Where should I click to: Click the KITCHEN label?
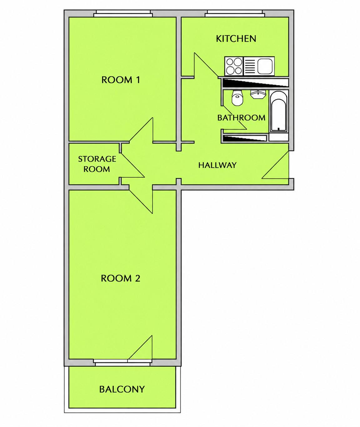tap(236, 39)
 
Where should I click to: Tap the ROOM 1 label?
tap(121, 80)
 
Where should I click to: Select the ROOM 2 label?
tap(121, 278)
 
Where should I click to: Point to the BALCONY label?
tap(122, 389)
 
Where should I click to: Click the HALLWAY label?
tap(217, 165)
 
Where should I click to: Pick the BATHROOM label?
tap(241, 118)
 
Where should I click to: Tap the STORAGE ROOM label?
tap(97, 164)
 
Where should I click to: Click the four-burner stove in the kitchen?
tap(234, 66)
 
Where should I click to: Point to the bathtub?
tap(278, 112)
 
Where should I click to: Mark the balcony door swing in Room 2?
tap(140, 347)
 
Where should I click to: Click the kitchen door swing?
tap(206, 65)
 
